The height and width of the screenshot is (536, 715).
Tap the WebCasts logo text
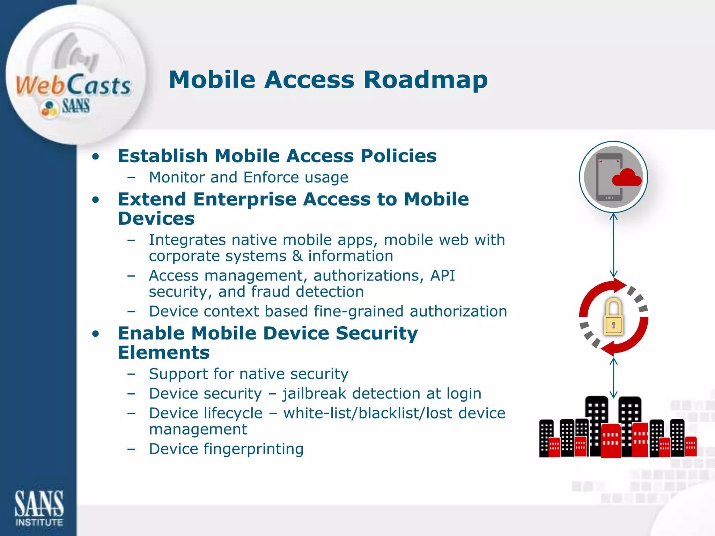coord(73,86)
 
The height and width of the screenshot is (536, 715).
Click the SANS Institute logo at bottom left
coord(39,508)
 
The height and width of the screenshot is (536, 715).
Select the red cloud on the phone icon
coord(627,178)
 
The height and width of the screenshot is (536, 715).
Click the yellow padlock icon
coord(613,317)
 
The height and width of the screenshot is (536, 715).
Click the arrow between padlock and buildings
coord(613,378)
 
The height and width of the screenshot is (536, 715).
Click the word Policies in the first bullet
coord(398,156)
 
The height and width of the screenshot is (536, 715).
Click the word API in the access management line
coord(442,276)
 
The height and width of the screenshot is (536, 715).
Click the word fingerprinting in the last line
coord(253,449)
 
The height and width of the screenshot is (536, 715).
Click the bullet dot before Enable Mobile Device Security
coord(96,334)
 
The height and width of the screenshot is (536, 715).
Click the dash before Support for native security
coord(131,374)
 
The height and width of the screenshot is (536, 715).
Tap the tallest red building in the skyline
coord(611,440)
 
